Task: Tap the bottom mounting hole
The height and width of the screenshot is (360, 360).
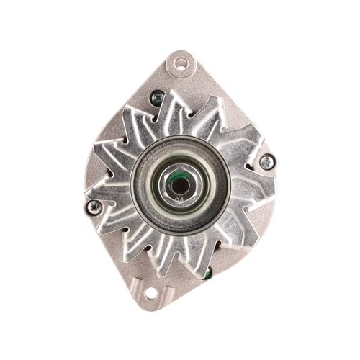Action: pyautogui.click(x=150, y=293)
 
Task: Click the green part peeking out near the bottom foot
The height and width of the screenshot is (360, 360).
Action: pyautogui.click(x=207, y=274)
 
